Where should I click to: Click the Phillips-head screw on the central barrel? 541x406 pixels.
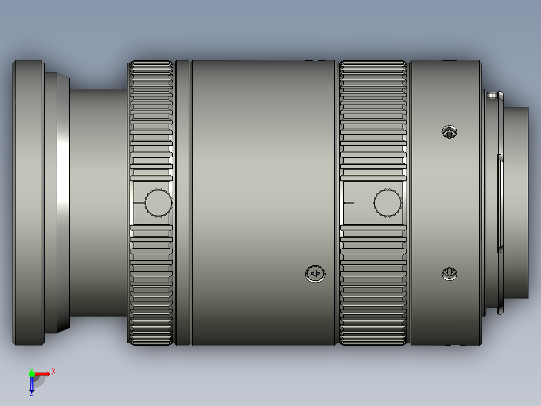pos(315,274)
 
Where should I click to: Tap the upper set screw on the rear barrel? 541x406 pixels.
pos(449,132)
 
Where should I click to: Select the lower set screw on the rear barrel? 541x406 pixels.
pos(449,274)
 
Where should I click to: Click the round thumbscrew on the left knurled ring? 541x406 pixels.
pos(159,203)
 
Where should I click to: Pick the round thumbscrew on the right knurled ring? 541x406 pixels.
pos(387,203)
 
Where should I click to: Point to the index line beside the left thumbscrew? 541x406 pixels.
pos(139,203)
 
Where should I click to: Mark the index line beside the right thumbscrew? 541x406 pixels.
pos(349,203)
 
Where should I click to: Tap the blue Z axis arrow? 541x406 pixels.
pos(32,385)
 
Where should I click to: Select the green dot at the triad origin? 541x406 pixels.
pos(32,373)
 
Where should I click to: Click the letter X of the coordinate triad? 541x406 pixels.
pos(53,371)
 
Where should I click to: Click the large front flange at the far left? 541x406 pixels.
pos(28,203)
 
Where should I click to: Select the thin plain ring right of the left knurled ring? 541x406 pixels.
pos(183,203)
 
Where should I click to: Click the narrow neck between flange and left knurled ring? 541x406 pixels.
pos(98,203)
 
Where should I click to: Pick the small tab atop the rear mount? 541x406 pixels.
pos(493,94)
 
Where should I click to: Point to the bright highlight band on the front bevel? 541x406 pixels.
pos(63,203)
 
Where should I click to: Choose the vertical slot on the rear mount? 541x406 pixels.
pos(500,203)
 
